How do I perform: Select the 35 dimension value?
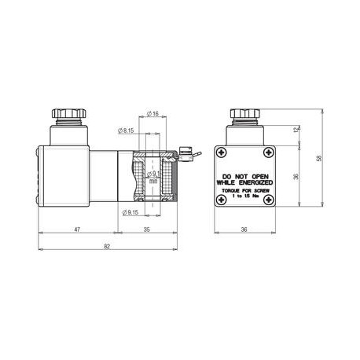[x=148, y=230]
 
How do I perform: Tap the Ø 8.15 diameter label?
[x=126, y=130]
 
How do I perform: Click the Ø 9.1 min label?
[x=155, y=176]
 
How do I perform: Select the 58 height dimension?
[x=319, y=158]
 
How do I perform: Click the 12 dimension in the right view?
[x=296, y=129]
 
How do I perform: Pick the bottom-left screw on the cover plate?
[x=222, y=201]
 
